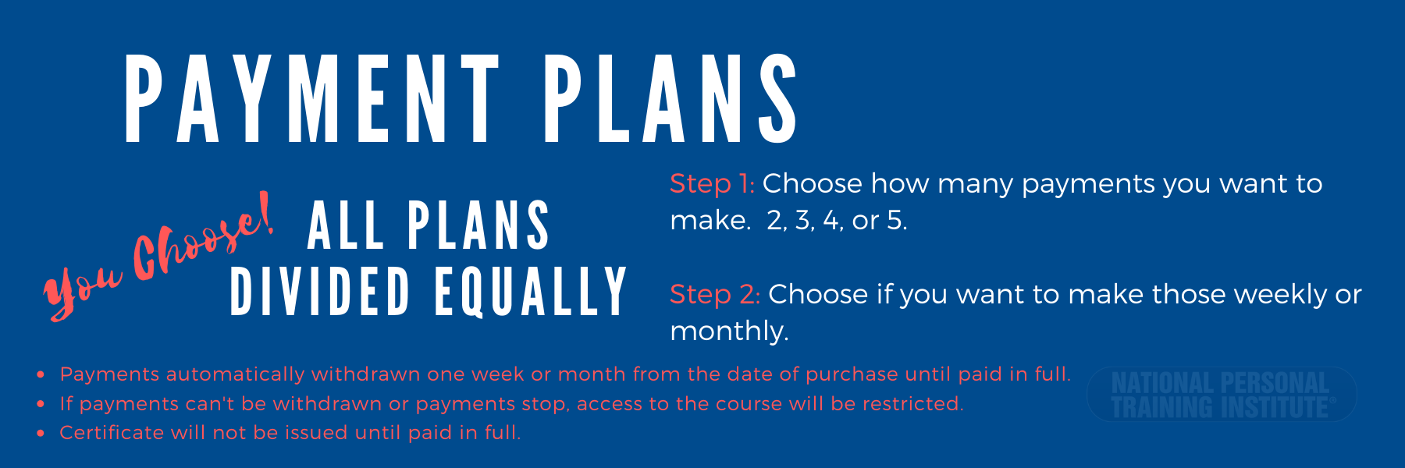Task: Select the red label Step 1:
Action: [712, 184]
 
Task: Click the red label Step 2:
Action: [715, 295]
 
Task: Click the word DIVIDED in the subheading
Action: [320, 292]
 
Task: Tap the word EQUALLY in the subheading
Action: [531, 292]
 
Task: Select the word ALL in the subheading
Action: [345, 225]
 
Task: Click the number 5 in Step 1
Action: [895, 221]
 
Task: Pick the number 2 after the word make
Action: [776, 221]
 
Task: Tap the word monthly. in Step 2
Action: [729, 331]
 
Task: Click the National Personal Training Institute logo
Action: [1222, 395]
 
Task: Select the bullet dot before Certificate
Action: [41, 434]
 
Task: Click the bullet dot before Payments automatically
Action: [41, 375]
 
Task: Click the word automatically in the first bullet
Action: [235, 375]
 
